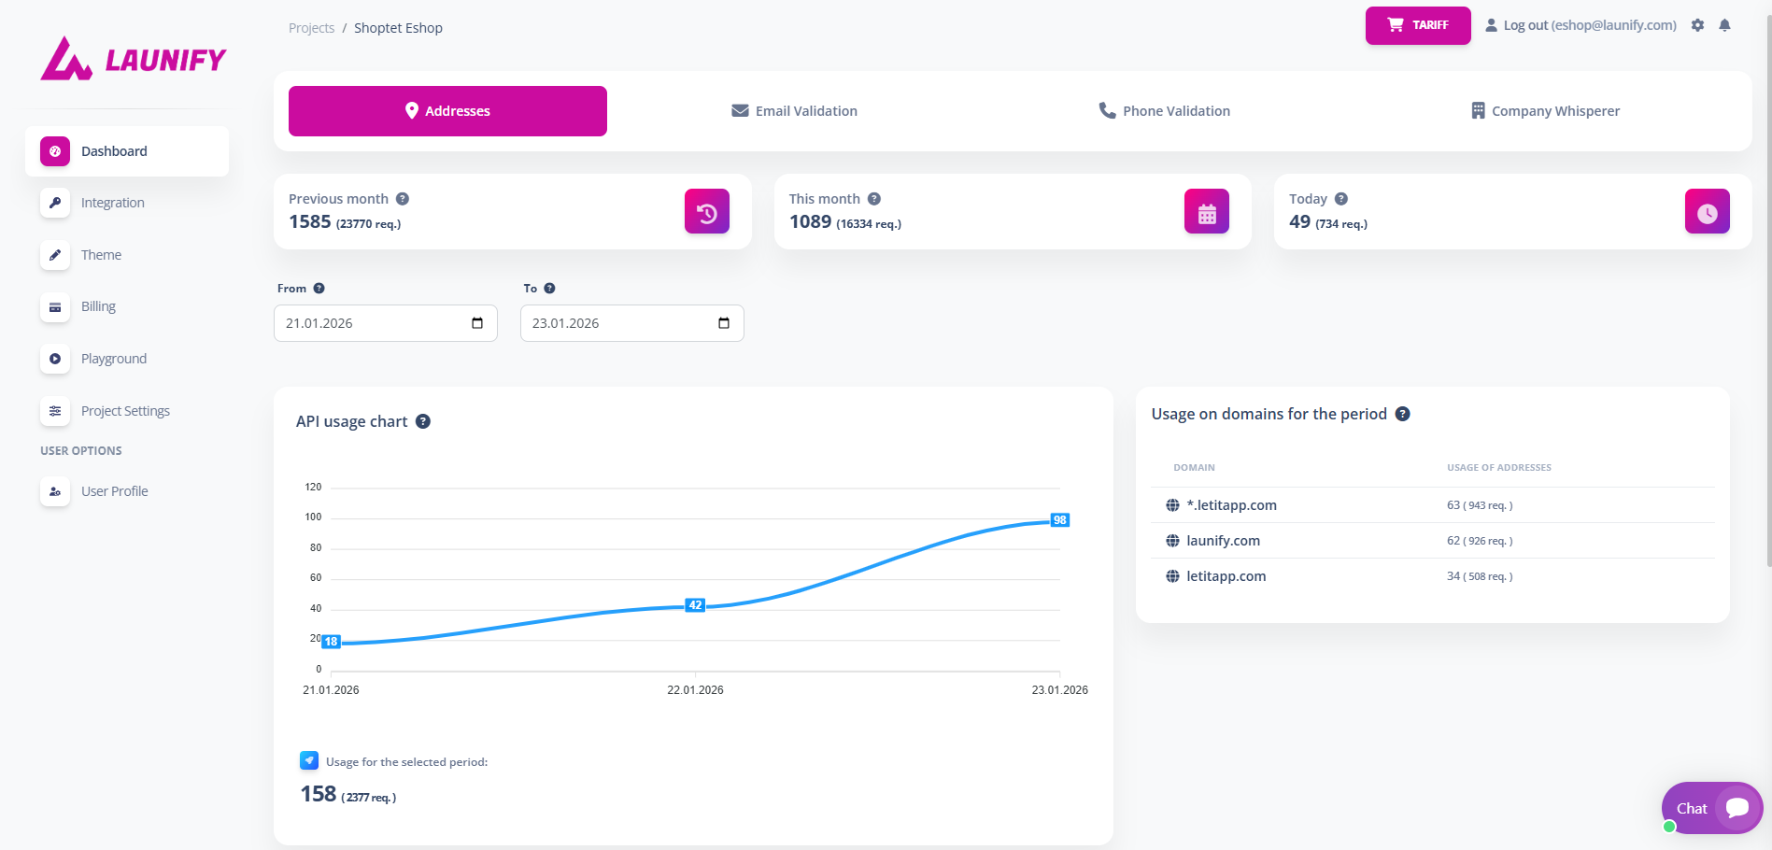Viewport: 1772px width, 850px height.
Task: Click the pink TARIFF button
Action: (x=1418, y=25)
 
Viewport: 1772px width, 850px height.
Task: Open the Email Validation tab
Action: (x=794, y=111)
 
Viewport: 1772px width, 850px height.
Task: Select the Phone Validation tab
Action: (x=1164, y=111)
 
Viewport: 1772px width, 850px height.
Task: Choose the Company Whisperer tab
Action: (x=1545, y=111)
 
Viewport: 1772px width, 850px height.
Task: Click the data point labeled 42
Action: (x=695, y=605)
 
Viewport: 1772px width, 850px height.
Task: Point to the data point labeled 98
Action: (x=1059, y=520)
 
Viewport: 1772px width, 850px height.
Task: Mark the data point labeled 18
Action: (x=331, y=642)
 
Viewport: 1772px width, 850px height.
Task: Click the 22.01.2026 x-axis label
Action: (x=695, y=690)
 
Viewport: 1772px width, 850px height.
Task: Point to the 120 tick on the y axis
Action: (x=313, y=487)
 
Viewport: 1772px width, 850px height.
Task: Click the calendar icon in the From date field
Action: (x=477, y=323)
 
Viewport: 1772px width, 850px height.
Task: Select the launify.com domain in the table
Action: (x=1223, y=541)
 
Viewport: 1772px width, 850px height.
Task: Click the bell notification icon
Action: (x=1724, y=25)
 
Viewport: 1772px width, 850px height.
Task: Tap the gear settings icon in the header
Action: (x=1697, y=25)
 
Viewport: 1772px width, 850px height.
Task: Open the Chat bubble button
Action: (x=1711, y=808)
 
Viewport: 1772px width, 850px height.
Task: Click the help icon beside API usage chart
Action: (x=423, y=421)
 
